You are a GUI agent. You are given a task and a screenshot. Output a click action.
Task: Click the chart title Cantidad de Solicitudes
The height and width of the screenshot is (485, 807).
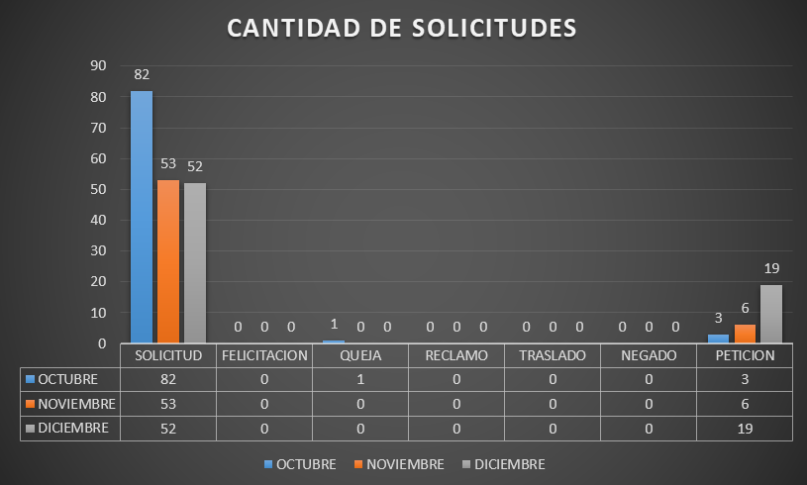click(x=402, y=28)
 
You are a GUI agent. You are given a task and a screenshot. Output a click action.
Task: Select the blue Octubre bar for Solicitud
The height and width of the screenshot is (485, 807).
click(x=142, y=217)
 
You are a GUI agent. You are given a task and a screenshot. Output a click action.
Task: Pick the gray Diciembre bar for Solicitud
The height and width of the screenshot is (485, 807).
click(x=194, y=263)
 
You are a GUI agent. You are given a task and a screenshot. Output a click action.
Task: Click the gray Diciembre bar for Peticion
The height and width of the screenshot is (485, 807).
click(x=771, y=314)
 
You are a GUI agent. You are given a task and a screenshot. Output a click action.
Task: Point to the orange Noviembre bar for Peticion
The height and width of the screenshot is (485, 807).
click(x=745, y=334)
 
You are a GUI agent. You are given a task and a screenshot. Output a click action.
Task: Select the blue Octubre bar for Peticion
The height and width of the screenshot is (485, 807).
click(x=719, y=339)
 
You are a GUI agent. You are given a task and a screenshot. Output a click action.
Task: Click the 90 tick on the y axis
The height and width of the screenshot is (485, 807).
click(x=98, y=66)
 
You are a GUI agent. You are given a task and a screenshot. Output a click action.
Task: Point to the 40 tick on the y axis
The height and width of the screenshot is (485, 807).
click(x=98, y=220)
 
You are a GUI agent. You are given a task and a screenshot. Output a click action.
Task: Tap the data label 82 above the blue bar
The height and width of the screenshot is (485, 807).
click(x=142, y=75)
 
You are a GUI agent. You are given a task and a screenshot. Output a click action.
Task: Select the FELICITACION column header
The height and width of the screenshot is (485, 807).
click(x=264, y=355)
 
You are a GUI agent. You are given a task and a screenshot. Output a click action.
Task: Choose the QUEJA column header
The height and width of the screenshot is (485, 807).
click(x=360, y=355)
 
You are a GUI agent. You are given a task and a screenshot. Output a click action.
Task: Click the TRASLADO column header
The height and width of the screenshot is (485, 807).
click(x=553, y=355)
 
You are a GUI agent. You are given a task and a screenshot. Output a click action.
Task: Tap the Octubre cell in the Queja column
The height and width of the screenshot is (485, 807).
click(x=360, y=379)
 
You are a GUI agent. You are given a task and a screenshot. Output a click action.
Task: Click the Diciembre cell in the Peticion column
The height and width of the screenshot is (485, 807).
click(x=745, y=428)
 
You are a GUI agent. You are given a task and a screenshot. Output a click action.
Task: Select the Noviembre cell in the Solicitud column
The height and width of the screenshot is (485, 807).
click(x=168, y=404)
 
